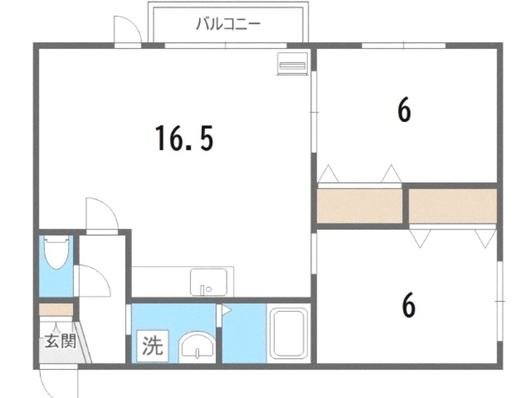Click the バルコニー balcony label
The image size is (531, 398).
pos(228,25)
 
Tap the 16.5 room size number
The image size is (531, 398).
pos(185,138)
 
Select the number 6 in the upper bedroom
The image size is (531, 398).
pos(404,110)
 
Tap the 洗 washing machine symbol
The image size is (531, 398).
pos(153,347)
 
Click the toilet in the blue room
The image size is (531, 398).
pos(56,253)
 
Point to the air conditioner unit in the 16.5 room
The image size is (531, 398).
pos(291,64)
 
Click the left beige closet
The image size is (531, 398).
pos(360,206)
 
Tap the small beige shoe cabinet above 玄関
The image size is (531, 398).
pos(56,310)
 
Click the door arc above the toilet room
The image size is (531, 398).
pos(102,214)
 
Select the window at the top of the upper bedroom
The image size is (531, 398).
pos(403,46)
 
